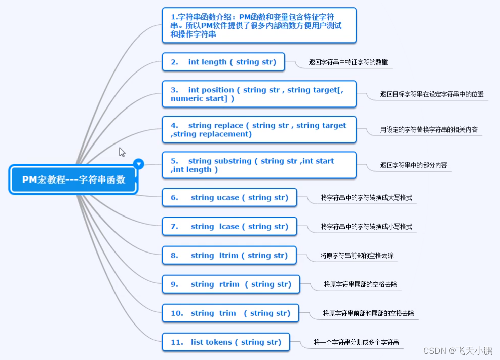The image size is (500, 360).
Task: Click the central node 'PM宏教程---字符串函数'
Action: coord(73,179)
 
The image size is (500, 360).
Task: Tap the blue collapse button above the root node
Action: coord(138,164)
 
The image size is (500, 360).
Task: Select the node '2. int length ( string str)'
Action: coord(223,62)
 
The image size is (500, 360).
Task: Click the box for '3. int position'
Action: coord(259,94)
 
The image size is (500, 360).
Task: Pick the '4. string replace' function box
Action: coord(259,129)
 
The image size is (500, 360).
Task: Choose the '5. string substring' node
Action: coord(259,165)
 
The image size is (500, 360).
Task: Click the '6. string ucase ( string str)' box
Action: coord(229,197)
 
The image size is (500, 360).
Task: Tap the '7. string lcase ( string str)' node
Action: coord(229,226)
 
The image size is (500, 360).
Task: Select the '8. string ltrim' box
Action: coord(229,255)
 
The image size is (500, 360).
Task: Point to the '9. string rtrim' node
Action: coord(231,284)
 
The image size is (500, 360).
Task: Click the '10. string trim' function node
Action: coord(230,313)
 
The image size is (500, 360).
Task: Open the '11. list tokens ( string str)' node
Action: coord(225,342)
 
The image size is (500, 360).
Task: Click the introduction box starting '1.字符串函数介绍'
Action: coord(259,25)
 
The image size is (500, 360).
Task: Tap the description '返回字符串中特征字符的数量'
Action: coord(348,62)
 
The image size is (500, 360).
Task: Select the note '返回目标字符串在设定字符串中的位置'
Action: coord(432,94)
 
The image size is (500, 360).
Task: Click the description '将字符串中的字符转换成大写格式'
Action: coord(366,198)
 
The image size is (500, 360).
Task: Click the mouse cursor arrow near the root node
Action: coord(122,152)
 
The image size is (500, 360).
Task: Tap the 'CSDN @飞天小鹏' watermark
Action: coord(457,351)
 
